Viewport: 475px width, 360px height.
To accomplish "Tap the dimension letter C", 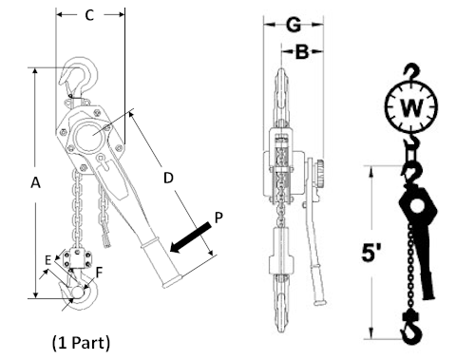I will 89,16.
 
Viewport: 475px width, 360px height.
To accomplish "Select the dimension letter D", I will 168,177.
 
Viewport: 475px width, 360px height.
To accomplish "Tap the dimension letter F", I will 98,273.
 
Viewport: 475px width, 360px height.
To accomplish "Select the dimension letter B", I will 302,54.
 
